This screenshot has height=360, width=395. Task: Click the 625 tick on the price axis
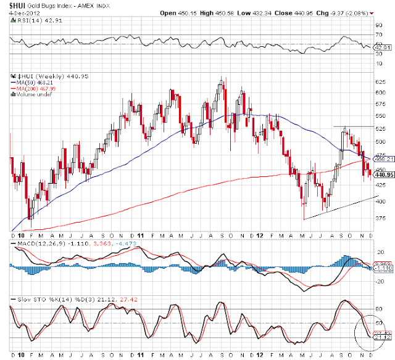click(381, 81)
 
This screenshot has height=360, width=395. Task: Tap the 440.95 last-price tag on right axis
click(384, 175)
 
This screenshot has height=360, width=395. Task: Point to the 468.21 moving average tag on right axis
click(384, 158)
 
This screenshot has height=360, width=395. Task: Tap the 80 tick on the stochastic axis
click(378, 309)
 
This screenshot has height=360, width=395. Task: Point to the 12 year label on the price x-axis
click(260, 236)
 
